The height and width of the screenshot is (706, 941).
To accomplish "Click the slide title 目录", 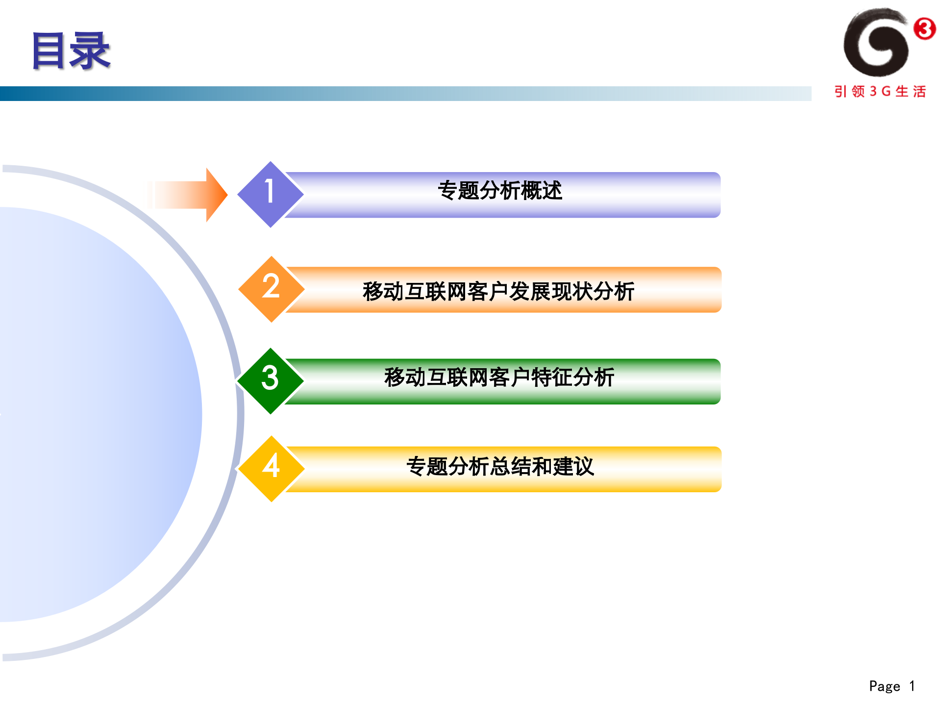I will tap(71, 50).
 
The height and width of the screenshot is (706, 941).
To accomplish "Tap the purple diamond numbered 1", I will tap(270, 194).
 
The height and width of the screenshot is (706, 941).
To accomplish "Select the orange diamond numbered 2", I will tap(271, 289).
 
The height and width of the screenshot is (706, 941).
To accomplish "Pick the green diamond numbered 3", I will tap(270, 380).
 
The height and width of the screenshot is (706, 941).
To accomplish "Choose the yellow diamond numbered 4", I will tap(271, 468).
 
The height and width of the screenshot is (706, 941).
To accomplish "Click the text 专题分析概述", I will tap(500, 191).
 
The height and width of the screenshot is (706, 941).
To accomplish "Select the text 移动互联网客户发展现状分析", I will tap(498, 291).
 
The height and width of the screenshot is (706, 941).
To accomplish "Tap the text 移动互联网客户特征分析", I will tap(499, 378).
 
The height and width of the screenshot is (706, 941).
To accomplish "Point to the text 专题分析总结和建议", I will tap(500, 466).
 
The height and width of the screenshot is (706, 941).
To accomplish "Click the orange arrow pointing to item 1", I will tap(189, 195).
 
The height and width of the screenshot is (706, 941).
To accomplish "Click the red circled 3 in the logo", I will tap(924, 28).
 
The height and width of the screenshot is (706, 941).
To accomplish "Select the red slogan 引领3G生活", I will tap(880, 92).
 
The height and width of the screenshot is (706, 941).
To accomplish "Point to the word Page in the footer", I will tap(884, 686).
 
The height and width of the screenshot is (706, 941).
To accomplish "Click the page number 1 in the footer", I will tap(912, 686).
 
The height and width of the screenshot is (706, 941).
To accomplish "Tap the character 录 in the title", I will tap(90, 50).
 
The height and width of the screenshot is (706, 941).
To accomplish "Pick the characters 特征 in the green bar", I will tap(552, 378).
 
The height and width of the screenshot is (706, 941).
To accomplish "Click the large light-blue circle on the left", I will tap(98, 414).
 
